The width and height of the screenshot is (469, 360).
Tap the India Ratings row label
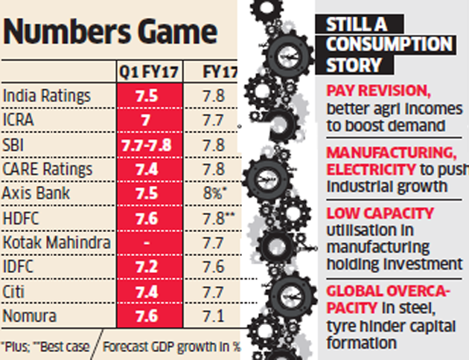pyautogui.click(x=46, y=96)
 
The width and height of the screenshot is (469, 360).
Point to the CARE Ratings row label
pyautogui.click(x=48, y=170)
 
